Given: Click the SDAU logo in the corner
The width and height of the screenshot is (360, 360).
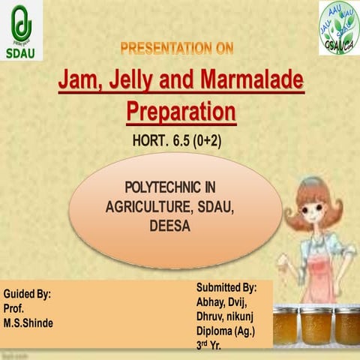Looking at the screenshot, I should (23, 31).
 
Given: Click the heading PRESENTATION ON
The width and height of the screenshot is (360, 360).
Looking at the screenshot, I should (177, 49).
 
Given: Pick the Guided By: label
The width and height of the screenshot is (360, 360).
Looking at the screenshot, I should (28, 295).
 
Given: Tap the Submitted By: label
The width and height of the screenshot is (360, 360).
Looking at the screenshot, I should (226, 288).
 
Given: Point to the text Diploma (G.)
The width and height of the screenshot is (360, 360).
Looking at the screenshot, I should (224, 328).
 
